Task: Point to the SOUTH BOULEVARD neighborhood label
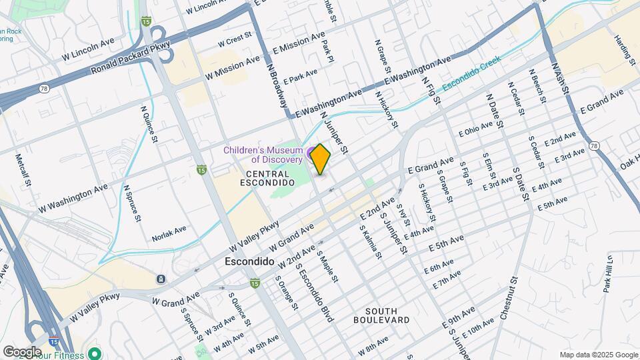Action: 387,315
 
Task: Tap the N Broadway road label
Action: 278,86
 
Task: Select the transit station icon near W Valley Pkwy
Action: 160,278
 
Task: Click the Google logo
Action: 22,351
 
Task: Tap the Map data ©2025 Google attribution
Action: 598,355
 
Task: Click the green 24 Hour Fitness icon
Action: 95,353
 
